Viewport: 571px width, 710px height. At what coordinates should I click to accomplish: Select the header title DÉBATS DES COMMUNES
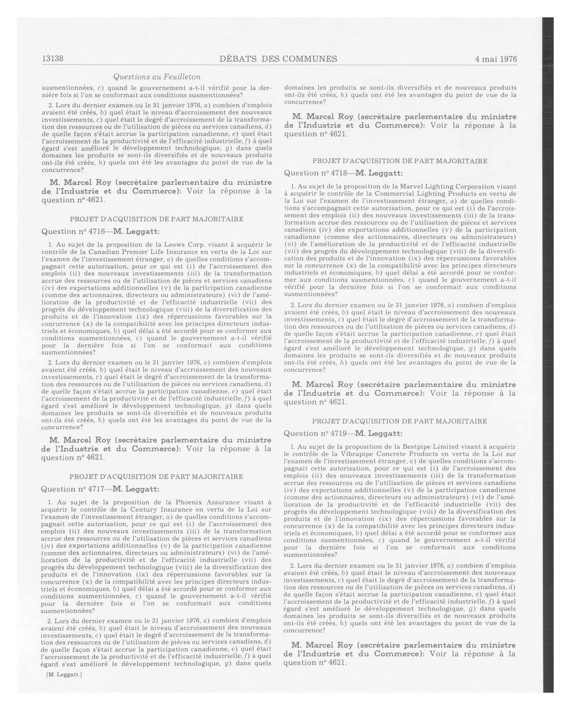tap(278, 59)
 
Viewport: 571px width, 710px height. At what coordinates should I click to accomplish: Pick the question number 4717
tap(96, 489)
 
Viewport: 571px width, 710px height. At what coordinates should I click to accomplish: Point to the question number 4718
tap(338, 173)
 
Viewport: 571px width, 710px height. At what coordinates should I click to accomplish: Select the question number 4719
tap(338, 433)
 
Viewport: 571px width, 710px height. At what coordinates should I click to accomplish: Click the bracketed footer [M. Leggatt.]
tap(64, 674)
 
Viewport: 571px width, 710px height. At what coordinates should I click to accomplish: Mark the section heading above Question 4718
tap(400, 161)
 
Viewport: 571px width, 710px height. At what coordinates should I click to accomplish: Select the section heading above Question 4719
tap(399, 421)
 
